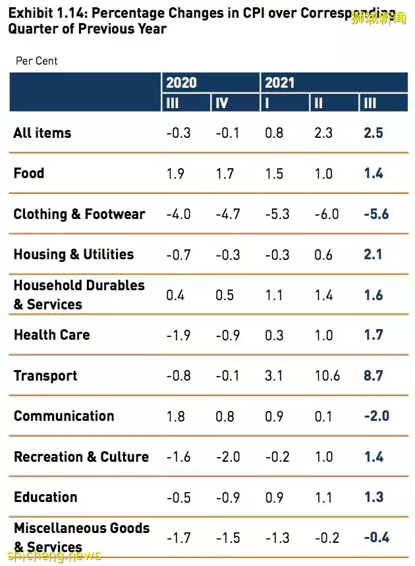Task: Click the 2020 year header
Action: point(181,82)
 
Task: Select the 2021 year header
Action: point(279,82)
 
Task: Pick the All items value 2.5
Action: point(373,133)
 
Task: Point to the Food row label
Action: point(29,173)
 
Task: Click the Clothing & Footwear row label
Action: point(79,214)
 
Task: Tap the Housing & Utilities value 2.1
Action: point(373,255)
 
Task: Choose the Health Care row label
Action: point(52,334)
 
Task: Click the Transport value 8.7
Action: point(373,376)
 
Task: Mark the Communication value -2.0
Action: point(376,416)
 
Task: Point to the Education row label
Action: point(45,497)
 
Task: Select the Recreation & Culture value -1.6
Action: point(179,456)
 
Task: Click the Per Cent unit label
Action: point(37,61)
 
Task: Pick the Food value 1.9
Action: point(175,173)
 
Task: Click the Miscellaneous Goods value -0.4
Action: point(376,538)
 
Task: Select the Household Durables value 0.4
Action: point(175,295)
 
